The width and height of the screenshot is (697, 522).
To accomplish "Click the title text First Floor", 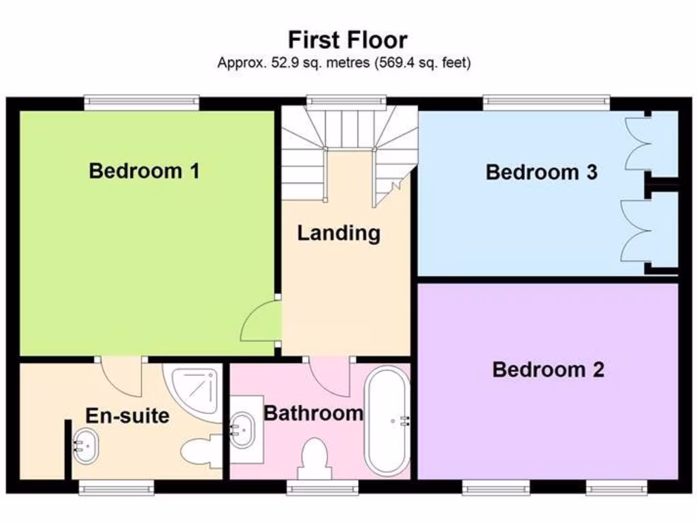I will coord(348,39).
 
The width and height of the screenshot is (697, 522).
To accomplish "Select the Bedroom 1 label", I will coord(144,171).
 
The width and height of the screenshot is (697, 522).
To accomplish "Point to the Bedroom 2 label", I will coord(548,370).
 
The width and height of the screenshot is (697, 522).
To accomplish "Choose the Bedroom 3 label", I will coord(542,172).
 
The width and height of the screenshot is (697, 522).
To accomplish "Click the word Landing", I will coord(338,233).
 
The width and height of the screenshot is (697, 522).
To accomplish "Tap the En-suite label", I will coord(127,415).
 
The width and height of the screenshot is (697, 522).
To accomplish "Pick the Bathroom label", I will coord(313,413).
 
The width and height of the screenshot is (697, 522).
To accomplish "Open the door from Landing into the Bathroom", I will coord(329,374).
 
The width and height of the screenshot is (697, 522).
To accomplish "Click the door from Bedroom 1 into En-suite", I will coord(121,376).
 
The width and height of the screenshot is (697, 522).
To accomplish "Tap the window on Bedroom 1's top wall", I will coord(142,103).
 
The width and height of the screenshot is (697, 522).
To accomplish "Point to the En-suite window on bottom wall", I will coord(116,487).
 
